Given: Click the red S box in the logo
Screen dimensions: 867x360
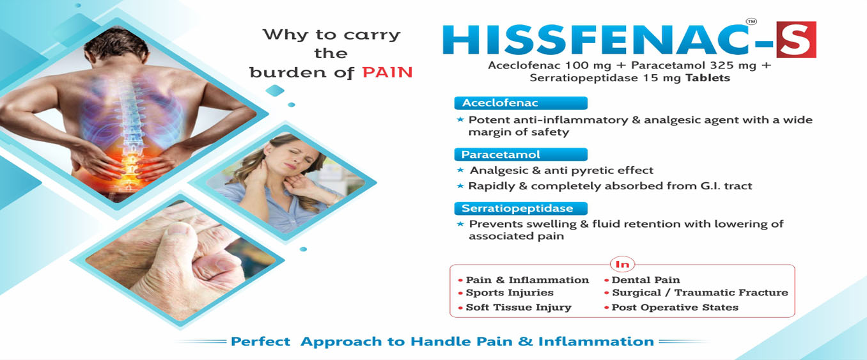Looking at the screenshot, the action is (796, 40).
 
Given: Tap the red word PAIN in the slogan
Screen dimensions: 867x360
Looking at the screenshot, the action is (387, 72).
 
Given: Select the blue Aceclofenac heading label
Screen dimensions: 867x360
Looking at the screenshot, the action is (520, 103).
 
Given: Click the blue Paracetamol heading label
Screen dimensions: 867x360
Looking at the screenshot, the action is (520, 155).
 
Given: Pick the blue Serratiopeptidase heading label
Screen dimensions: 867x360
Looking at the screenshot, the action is (520, 208).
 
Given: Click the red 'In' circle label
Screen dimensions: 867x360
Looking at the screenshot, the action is (622, 264).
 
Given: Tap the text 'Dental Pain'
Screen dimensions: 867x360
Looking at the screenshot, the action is (646, 280).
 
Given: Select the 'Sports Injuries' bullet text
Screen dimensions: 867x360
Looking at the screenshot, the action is (510, 293).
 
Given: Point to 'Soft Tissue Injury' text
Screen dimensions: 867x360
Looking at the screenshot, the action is (519, 308).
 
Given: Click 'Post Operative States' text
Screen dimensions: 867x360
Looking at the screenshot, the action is (675, 308).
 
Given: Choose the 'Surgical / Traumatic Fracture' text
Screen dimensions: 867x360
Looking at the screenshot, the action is (699, 293).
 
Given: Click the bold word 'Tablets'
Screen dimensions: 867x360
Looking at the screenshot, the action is (708, 78).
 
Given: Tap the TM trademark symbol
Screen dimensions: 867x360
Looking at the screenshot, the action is (751, 22).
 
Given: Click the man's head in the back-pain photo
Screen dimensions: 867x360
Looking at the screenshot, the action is (117, 47).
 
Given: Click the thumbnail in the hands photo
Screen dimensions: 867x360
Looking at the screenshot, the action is (180, 230).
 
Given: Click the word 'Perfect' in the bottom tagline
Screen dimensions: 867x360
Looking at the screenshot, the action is (260, 341).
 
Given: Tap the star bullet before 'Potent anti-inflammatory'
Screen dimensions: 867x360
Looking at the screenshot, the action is (460, 120).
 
